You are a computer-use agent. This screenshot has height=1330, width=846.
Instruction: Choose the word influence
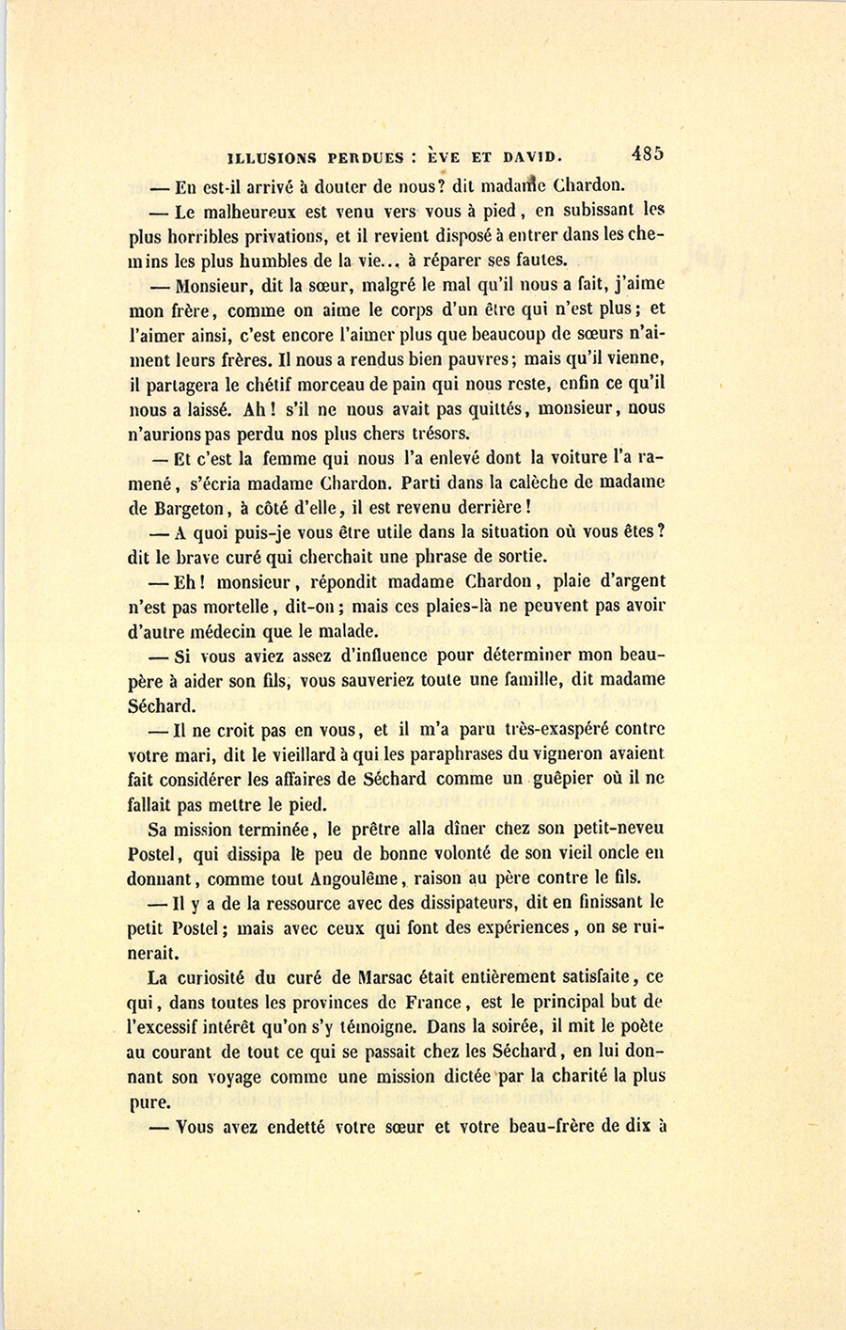click(378, 656)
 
